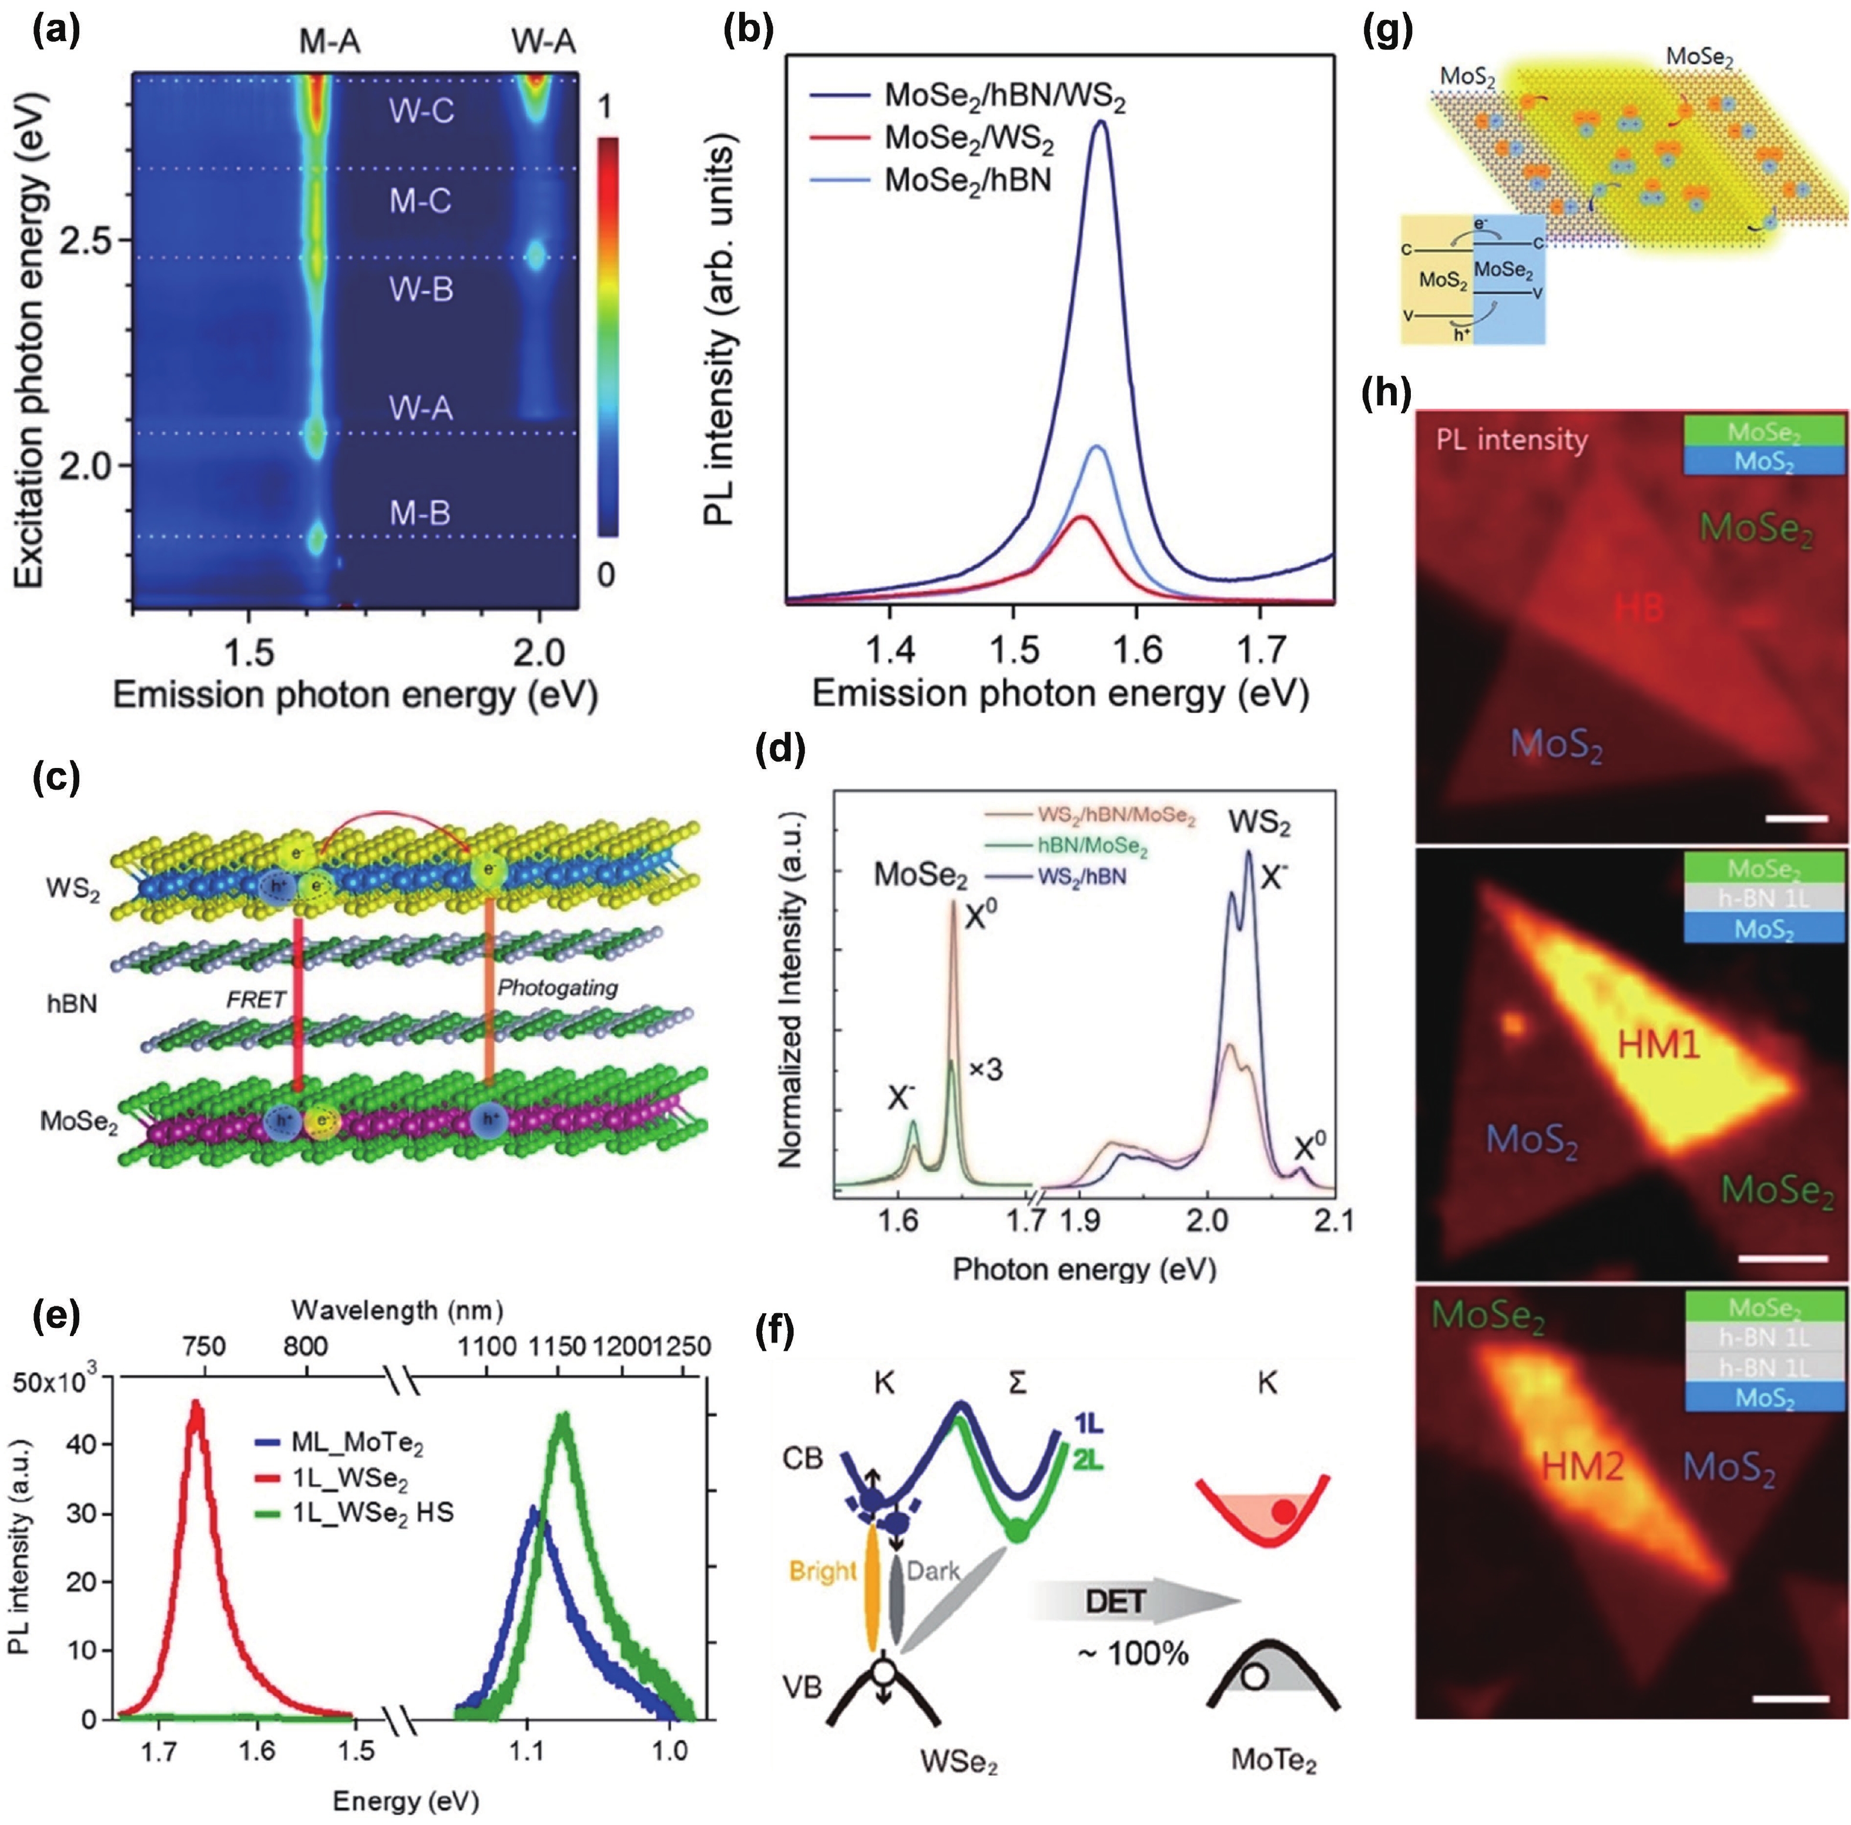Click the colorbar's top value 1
[x=605, y=108]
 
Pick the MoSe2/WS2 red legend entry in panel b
[x=968, y=138]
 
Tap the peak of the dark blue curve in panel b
[x=1100, y=122]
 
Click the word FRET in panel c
[x=256, y=999]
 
